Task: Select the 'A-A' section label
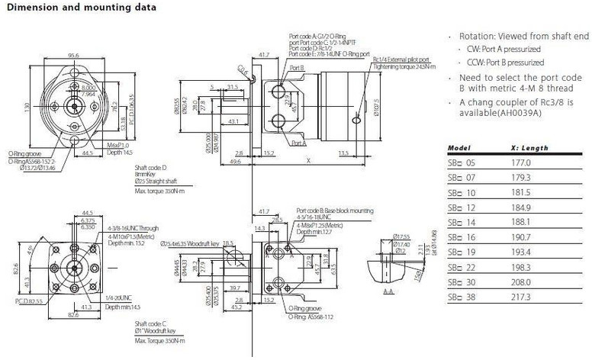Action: point(389,291)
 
